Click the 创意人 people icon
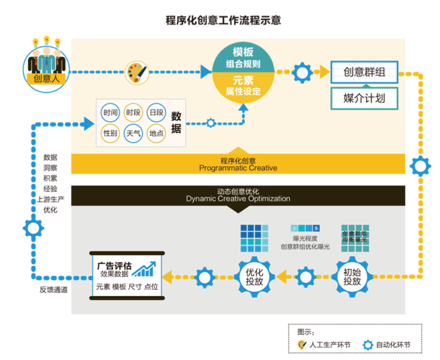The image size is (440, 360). [x=46, y=67]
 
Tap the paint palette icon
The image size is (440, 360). [x=136, y=72]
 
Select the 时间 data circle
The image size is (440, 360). [x=110, y=112]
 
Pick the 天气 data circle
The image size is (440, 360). [x=133, y=133]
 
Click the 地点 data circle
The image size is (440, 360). [x=156, y=133]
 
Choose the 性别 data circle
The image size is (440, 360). [x=110, y=133]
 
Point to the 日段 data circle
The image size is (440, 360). [x=156, y=112]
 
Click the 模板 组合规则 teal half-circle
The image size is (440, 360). [x=243, y=57]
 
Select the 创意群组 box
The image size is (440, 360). [x=364, y=72]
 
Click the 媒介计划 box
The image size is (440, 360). [x=364, y=98]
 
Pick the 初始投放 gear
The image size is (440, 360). [x=352, y=276]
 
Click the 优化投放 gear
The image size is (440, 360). [x=255, y=276]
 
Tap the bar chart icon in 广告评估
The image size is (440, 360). [x=144, y=269]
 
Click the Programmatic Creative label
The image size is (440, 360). [x=238, y=168]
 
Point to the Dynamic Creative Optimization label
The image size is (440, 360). [x=238, y=198]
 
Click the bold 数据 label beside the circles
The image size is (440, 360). [x=176, y=123]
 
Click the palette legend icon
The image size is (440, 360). [x=302, y=345]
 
